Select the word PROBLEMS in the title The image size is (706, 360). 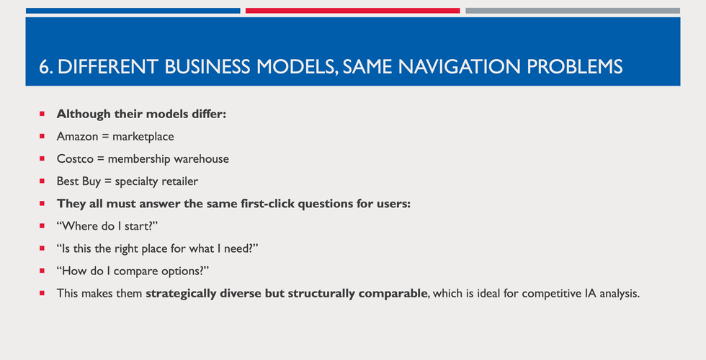(573, 67)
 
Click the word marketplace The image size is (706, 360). (143, 136)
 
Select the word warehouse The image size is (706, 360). (202, 158)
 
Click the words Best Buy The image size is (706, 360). (79, 181)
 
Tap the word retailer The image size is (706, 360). (176, 181)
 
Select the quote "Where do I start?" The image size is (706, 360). (107, 226)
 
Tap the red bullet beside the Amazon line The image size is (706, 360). (42, 136)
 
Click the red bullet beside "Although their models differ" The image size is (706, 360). (42, 114)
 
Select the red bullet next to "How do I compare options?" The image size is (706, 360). (42, 271)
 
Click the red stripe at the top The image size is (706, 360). (352, 11)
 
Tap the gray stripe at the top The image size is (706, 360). (572, 11)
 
